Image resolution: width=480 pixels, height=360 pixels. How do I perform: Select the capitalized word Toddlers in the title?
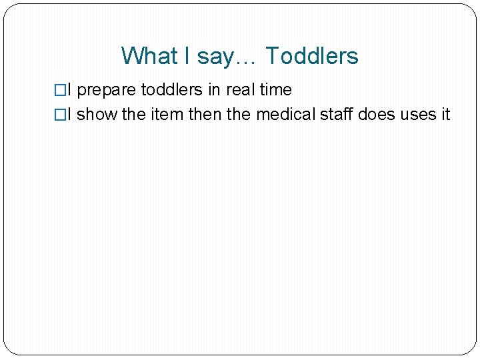[312, 56]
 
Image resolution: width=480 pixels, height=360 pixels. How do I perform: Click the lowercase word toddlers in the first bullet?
[171, 90]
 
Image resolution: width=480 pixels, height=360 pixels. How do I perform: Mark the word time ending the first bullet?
[276, 90]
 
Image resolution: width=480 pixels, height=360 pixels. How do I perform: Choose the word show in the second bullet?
[97, 115]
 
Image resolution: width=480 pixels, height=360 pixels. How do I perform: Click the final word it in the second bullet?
[444, 115]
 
